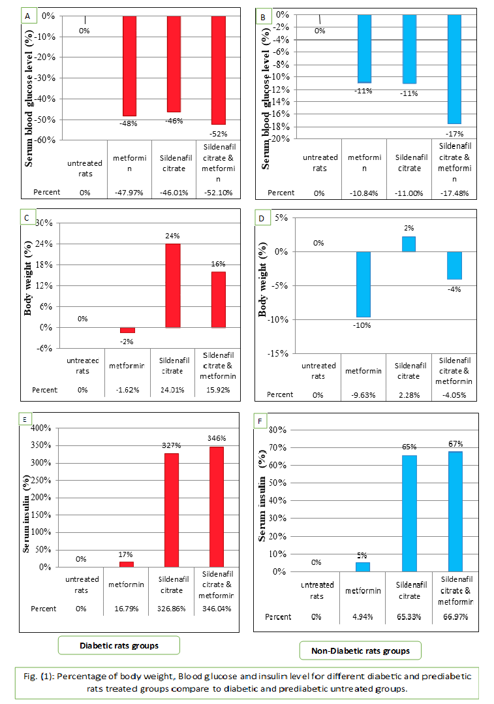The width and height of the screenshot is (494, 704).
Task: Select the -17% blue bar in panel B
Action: (x=454, y=69)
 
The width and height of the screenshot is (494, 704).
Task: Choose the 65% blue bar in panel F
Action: (x=409, y=513)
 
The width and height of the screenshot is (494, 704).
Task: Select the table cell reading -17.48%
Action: (x=454, y=193)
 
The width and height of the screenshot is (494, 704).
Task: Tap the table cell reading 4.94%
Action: (x=363, y=616)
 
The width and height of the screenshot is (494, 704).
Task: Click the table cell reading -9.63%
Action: (x=363, y=394)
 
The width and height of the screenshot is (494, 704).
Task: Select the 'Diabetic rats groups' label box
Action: (x=119, y=646)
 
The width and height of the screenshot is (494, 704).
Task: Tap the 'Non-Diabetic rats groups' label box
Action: (x=360, y=650)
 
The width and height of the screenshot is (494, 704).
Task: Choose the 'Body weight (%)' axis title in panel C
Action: (x=28, y=277)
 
